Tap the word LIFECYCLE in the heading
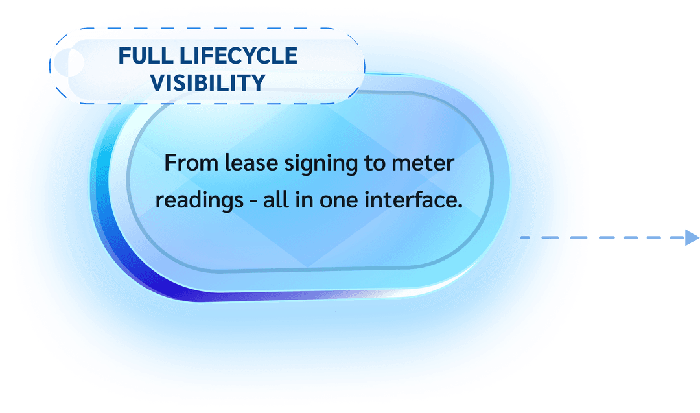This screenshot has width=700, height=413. click(239, 56)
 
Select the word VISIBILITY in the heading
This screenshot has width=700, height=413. click(208, 82)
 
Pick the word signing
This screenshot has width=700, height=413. click(321, 164)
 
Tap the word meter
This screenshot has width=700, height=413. click(423, 163)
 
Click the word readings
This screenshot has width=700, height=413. click(200, 201)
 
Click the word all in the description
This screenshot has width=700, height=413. click(276, 200)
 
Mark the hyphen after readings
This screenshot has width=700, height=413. click(253, 202)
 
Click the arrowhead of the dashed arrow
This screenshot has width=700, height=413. click(692, 237)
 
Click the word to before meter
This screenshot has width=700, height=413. click(375, 164)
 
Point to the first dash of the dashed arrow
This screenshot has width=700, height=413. click(525, 237)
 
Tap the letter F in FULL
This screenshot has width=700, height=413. click(124, 56)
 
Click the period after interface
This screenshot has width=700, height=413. click(460, 207)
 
